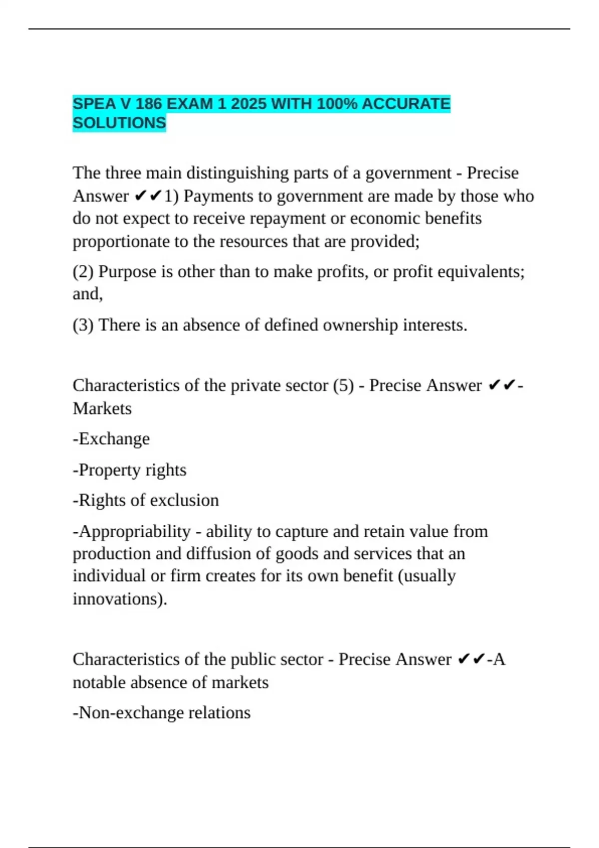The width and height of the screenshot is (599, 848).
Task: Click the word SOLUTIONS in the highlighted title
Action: pos(119,123)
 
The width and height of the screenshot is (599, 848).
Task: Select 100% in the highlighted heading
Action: pos(336,104)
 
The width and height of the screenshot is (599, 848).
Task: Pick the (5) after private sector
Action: pos(343,386)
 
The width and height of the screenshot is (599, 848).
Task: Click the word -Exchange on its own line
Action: pos(111,439)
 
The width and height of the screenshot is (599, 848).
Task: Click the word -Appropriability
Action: pos(132,532)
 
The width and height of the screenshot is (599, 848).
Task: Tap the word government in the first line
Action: pos(408,173)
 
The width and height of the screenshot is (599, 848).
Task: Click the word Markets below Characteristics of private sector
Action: pos(102,409)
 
